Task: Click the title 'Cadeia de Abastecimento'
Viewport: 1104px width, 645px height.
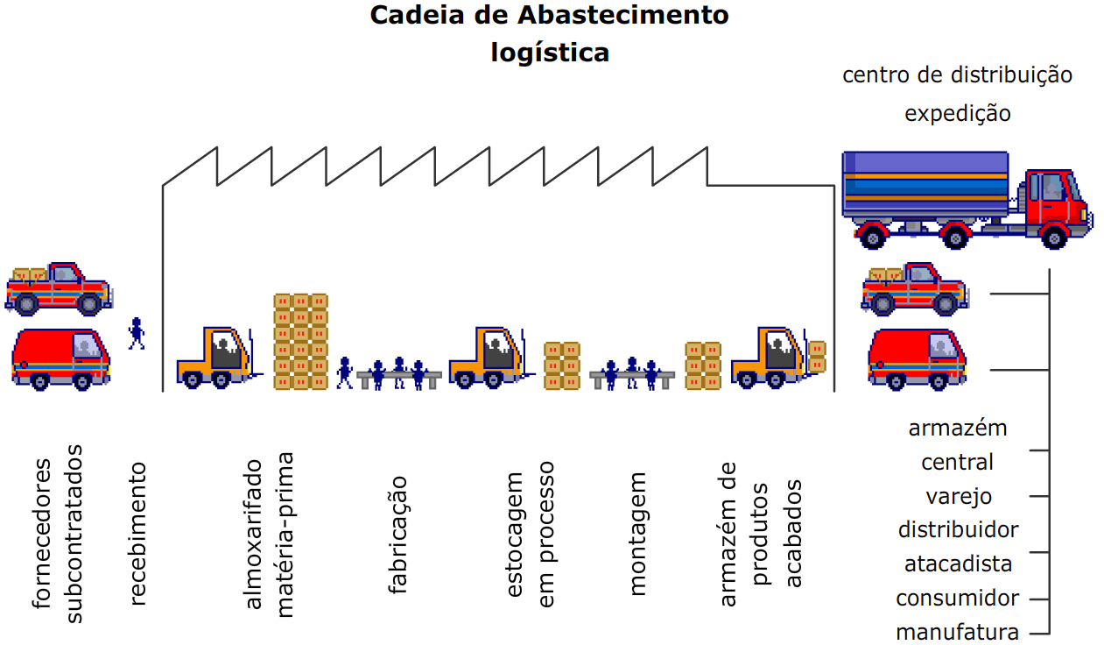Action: pyautogui.click(x=549, y=16)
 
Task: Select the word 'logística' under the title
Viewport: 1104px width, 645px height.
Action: pyautogui.click(x=549, y=53)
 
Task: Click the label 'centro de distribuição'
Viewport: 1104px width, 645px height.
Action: pyautogui.click(x=957, y=75)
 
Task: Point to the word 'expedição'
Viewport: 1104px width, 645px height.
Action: pyautogui.click(x=957, y=114)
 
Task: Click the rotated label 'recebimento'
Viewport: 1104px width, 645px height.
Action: pyautogui.click(x=137, y=534)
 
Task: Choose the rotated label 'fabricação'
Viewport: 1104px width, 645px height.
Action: pyautogui.click(x=398, y=535)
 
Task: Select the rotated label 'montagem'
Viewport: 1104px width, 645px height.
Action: pyautogui.click(x=638, y=535)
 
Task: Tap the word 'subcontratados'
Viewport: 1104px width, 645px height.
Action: pyautogui.click(x=75, y=534)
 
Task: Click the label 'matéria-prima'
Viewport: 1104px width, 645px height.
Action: pyautogui.click(x=285, y=535)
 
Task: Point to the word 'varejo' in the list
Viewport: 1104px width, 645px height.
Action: pyautogui.click(x=959, y=497)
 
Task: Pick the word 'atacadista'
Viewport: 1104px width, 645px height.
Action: pyautogui.click(x=958, y=564)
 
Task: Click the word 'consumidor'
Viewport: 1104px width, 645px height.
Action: pyautogui.click(x=958, y=599)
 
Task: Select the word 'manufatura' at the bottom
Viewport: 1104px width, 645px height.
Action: pyautogui.click(x=958, y=632)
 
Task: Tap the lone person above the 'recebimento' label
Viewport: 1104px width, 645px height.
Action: pyautogui.click(x=136, y=332)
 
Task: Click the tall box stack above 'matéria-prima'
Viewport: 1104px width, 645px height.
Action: pyautogui.click(x=300, y=342)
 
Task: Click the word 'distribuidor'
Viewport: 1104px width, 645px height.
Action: pyautogui.click(x=958, y=530)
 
